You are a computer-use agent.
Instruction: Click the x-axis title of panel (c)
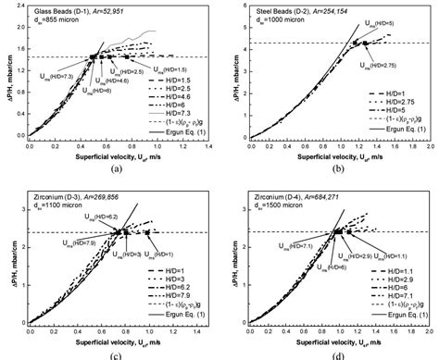112,339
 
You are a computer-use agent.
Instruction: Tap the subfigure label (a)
114,168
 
